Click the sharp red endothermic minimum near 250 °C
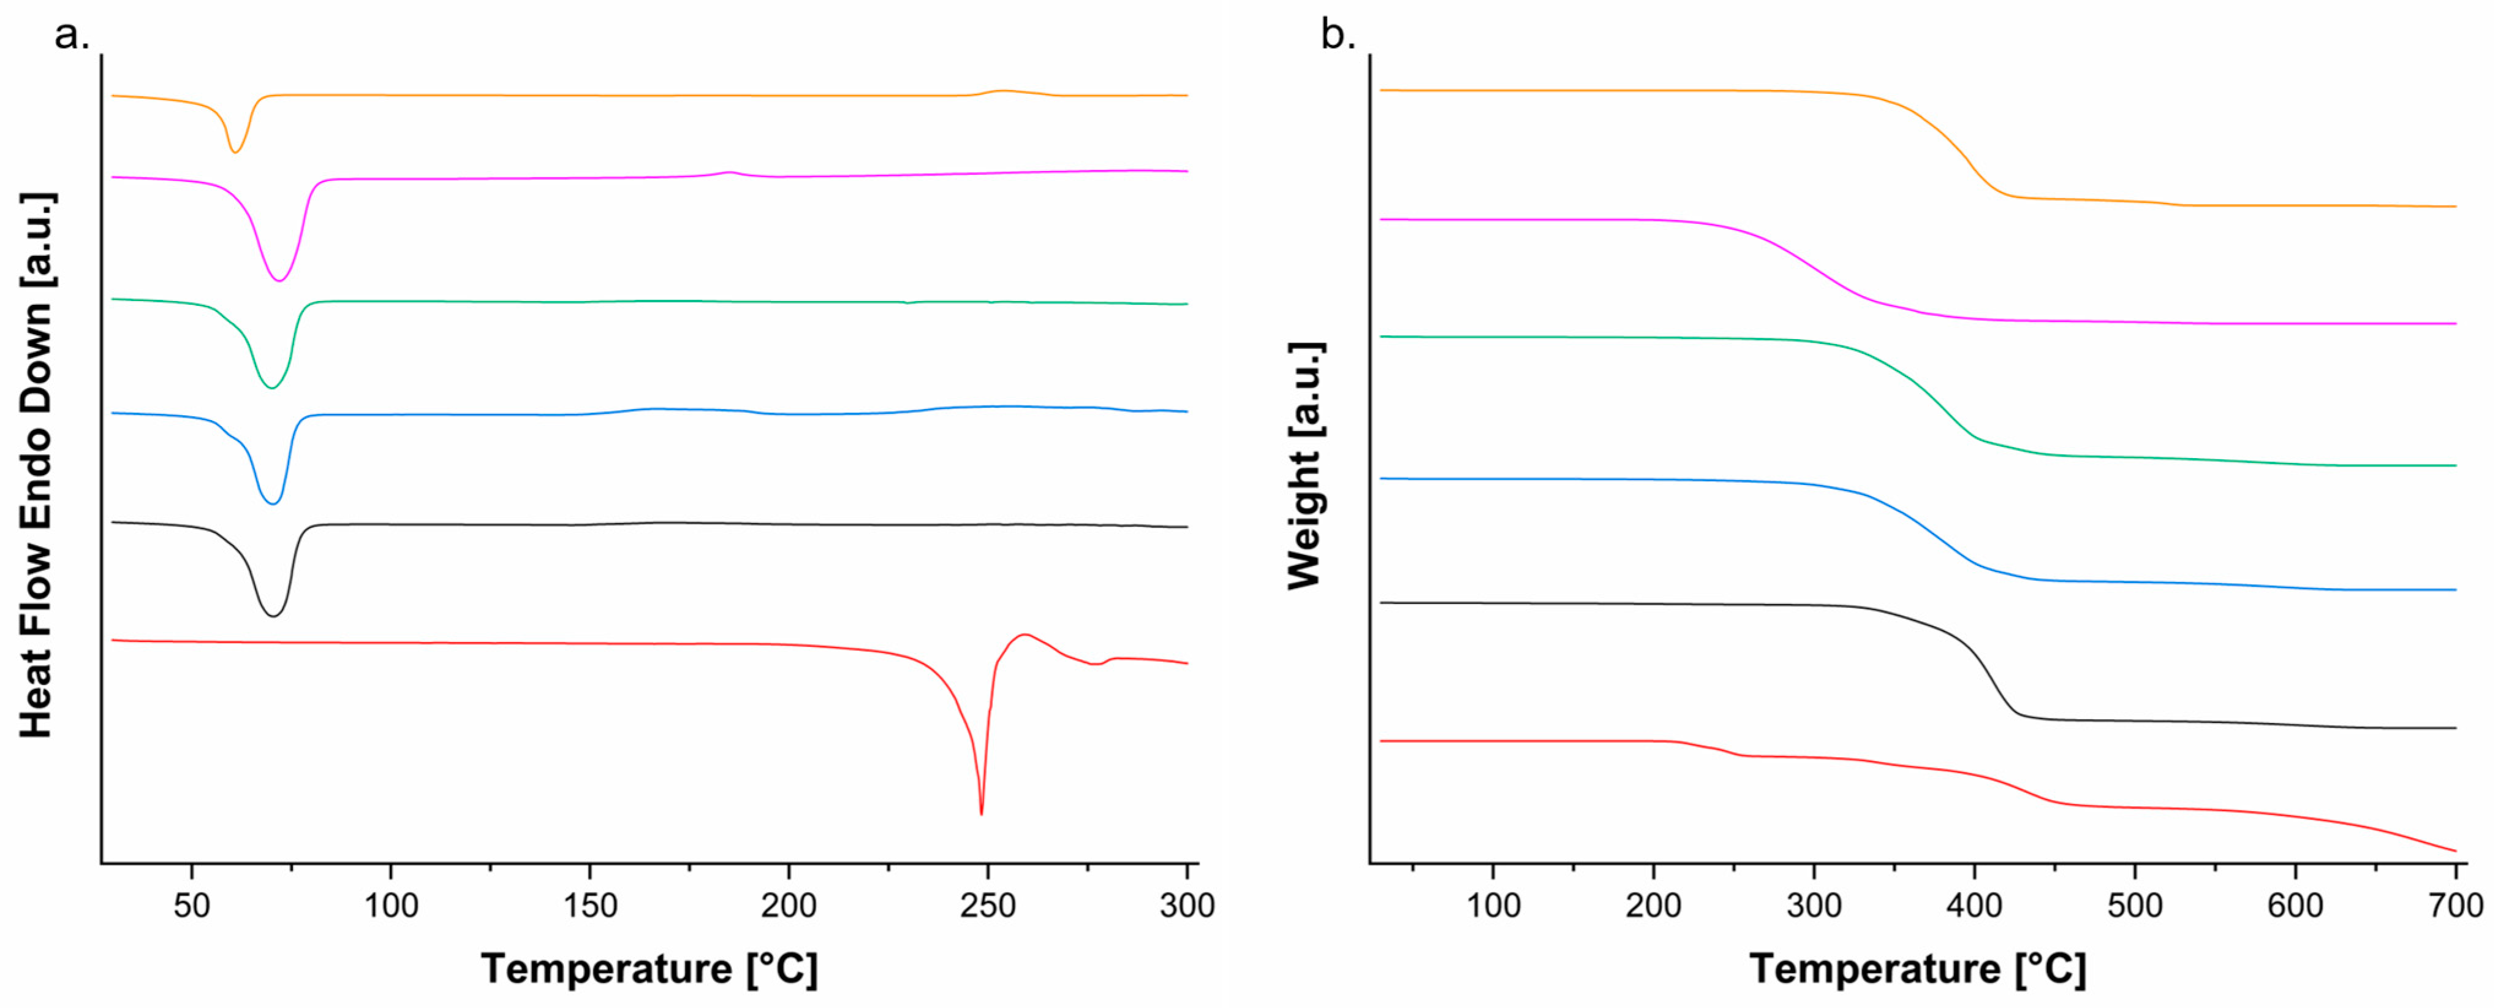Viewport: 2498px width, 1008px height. (982, 812)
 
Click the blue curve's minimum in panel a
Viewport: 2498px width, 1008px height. (273, 503)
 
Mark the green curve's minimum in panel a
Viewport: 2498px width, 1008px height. (271, 387)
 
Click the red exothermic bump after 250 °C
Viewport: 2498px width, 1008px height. (1024, 635)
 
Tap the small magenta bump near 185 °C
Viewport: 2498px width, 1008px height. (730, 173)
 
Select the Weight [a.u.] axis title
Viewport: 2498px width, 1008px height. (1305, 465)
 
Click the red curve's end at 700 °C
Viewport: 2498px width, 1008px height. (2453, 850)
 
